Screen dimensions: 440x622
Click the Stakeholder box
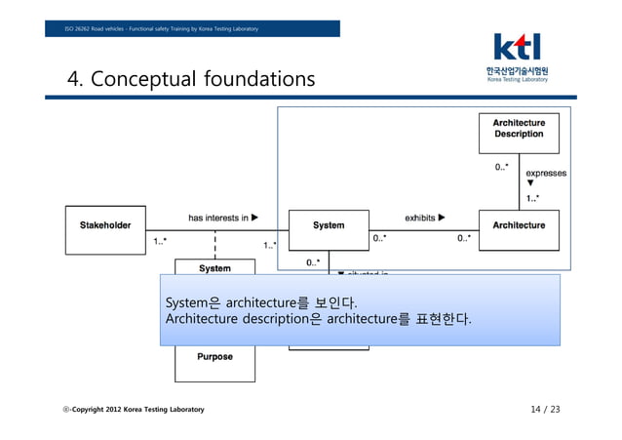click(105, 225)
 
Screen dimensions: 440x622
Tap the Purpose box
click(214, 357)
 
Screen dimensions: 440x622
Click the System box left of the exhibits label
click(329, 225)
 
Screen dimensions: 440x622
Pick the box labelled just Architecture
click(519, 225)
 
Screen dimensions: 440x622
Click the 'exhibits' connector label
click(425, 218)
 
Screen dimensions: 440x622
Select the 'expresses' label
click(546, 173)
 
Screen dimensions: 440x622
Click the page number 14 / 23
click(545, 409)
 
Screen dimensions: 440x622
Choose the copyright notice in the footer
click(133, 409)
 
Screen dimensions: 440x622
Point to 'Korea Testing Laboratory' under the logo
click(517, 79)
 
